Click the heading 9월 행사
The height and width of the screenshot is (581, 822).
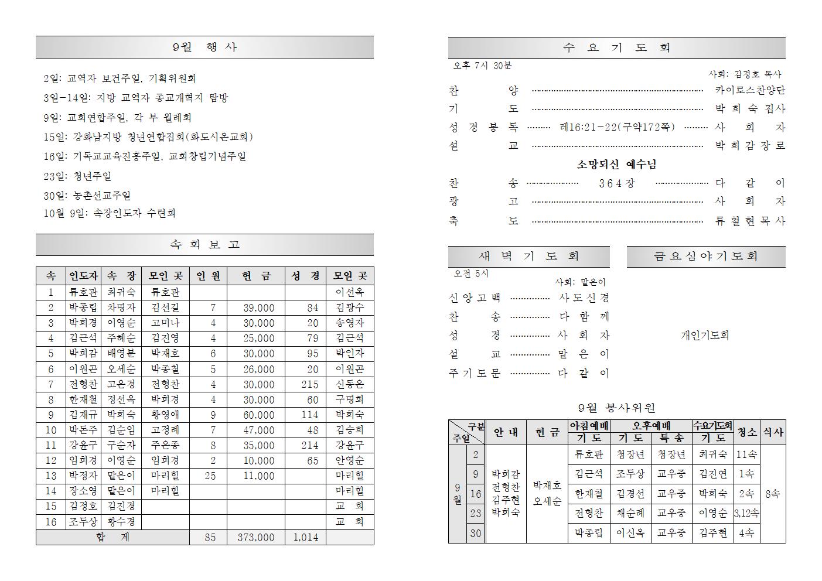coord(204,47)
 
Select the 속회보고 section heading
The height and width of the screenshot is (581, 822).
coord(204,245)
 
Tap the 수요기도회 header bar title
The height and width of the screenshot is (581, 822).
coord(616,48)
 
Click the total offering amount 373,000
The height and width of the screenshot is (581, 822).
coord(256,537)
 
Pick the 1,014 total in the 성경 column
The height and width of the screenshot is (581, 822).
coord(305,537)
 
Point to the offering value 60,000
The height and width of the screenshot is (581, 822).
coord(258,415)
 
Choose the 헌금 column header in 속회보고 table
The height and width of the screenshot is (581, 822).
coord(256,276)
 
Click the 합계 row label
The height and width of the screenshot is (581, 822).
coord(112,537)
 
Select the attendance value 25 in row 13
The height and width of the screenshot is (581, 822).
coord(210,476)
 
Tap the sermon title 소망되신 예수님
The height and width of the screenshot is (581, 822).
coord(616,165)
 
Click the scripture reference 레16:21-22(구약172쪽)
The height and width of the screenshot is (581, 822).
coord(617,127)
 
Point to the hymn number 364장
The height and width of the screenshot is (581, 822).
coord(616,183)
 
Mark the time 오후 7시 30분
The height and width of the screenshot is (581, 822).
coord(482,66)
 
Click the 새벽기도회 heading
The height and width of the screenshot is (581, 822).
coord(528,257)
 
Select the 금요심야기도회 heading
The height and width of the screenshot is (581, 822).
coord(705,257)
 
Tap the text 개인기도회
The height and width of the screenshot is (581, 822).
coord(705,336)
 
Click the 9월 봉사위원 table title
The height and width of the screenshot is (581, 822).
coord(616,408)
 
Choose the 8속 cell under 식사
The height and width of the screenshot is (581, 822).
coord(773,494)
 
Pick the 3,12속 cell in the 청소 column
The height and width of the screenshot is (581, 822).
coord(746,513)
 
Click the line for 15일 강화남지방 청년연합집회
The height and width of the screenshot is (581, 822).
coord(148,137)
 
